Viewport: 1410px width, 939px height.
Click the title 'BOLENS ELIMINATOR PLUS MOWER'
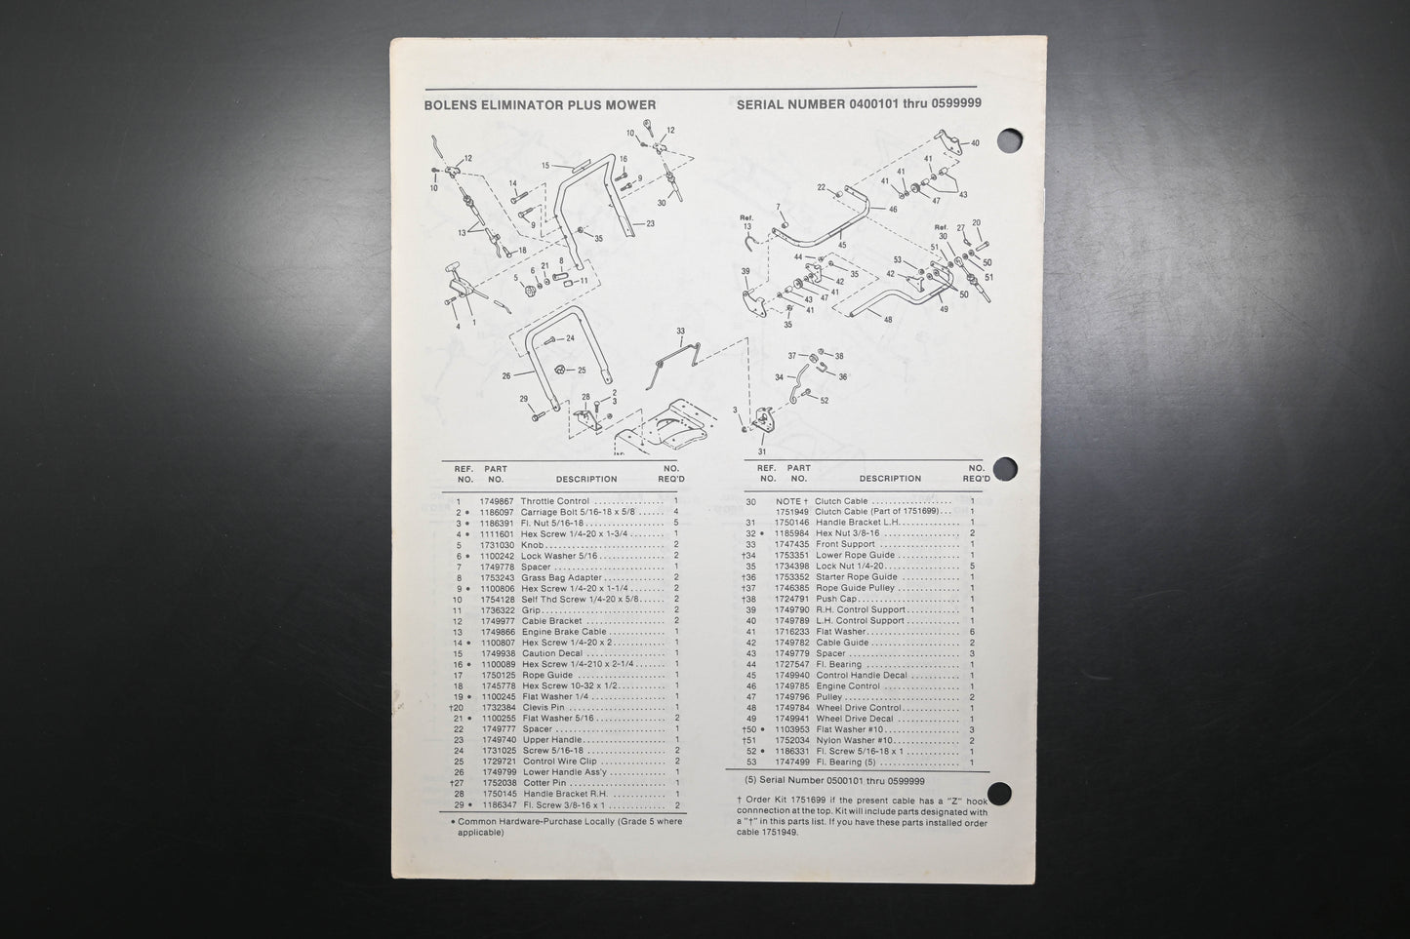click(540, 105)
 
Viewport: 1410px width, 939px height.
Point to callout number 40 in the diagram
click(974, 144)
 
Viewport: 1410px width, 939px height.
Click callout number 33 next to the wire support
click(680, 332)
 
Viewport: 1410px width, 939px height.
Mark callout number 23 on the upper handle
click(650, 223)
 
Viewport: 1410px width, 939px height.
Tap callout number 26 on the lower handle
click(505, 374)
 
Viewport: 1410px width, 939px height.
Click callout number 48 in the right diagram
click(887, 319)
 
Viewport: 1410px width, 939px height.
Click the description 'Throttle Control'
click(555, 501)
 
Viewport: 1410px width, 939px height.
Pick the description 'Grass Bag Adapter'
click(563, 577)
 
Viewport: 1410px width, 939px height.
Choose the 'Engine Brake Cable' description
click(565, 632)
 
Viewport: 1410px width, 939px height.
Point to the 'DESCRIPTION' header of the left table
click(586, 479)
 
